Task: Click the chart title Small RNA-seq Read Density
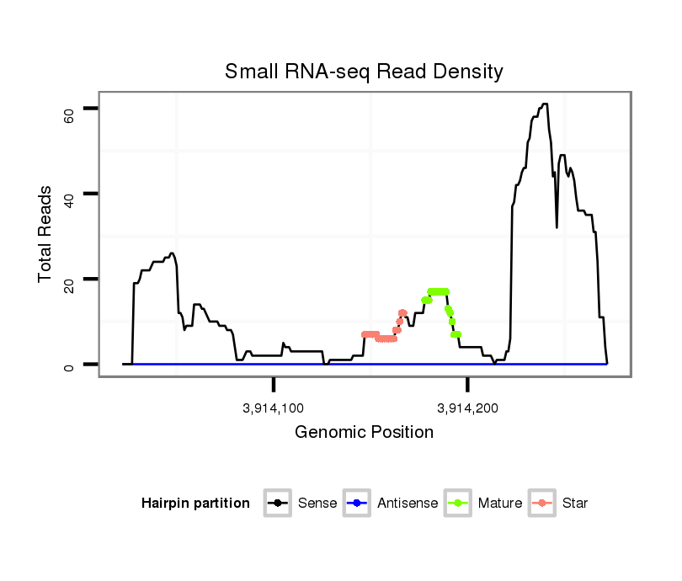(x=364, y=72)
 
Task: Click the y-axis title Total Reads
(x=47, y=235)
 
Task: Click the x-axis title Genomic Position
(x=364, y=433)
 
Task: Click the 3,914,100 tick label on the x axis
(x=274, y=409)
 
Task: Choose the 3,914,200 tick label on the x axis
(x=468, y=409)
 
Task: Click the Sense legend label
(x=317, y=504)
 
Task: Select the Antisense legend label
(x=408, y=504)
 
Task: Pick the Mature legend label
(x=499, y=504)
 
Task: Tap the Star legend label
(x=574, y=504)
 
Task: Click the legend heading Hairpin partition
(x=195, y=504)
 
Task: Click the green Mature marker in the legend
(x=459, y=504)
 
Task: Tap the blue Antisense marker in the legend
(x=358, y=504)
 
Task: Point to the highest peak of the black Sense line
(x=545, y=104)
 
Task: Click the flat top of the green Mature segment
(x=439, y=291)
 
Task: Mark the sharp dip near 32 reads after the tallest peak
(x=557, y=227)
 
